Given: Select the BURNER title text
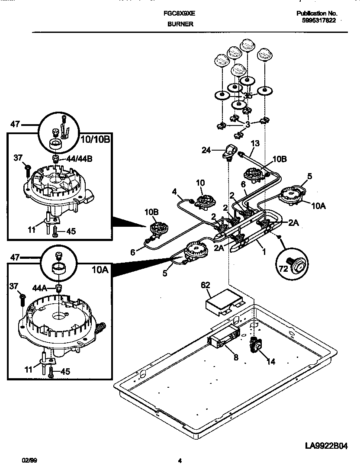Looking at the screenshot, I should click(x=180, y=24).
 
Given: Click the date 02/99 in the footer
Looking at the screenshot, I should click(x=27, y=461).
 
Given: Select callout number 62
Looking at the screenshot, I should click(x=206, y=285).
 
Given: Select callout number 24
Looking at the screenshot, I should click(x=207, y=150).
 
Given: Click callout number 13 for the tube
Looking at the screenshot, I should click(x=255, y=143).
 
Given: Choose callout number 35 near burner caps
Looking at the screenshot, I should click(x=247, y=96).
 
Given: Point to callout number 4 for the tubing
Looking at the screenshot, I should click(x=174, y=191).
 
